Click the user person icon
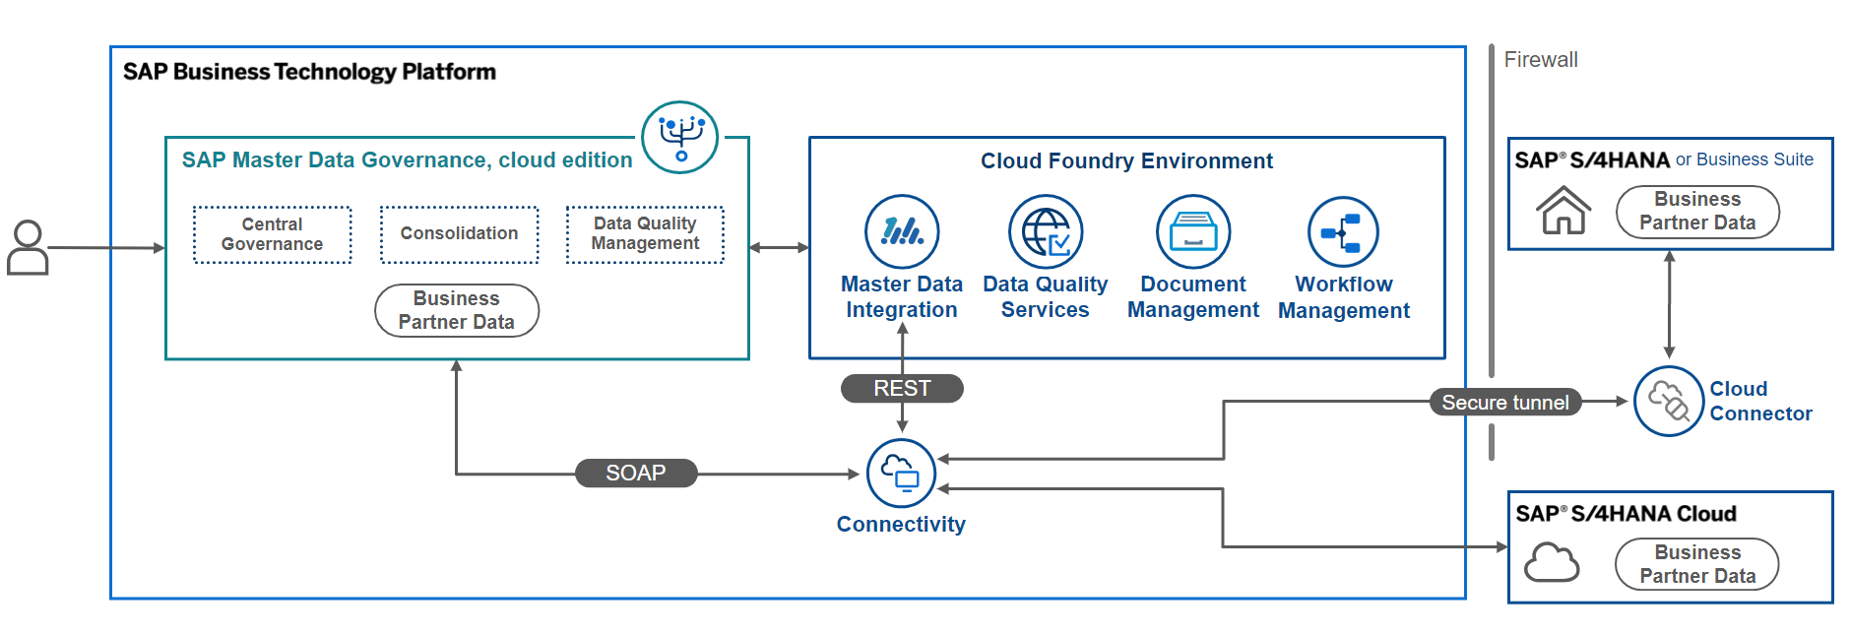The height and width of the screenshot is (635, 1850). coord(28,247)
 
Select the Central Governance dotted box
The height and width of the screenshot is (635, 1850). coord(273,234)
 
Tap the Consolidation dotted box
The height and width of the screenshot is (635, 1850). coord(460,234)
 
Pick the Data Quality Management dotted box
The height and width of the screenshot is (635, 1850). coord(645,234)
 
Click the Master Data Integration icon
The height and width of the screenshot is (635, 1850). coord(902,231)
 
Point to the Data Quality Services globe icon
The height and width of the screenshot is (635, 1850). coord(1046,231)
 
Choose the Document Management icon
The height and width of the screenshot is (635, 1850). coord(1193,231)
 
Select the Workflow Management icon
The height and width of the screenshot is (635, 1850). coord(1343,232)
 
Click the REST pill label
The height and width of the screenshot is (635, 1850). coord(902,389)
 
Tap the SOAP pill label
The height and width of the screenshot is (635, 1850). coord(636,474)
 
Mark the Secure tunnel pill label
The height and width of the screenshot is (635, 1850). coord(1505,402)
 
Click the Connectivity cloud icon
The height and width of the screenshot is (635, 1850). coord(901,474)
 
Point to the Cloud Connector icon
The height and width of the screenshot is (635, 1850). coord(1669,401)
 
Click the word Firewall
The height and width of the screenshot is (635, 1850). coord(1541,60)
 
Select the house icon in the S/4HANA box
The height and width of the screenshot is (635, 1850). coord(1563,210)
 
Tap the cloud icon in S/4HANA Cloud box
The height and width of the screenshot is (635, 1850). coord(1552,562)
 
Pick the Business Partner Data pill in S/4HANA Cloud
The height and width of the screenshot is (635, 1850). coord(1697,564)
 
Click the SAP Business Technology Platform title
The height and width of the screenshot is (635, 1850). coord(309,72)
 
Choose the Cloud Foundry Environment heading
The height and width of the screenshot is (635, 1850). coord(1126,161)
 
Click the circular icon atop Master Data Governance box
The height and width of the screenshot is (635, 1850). coord(680,137)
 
